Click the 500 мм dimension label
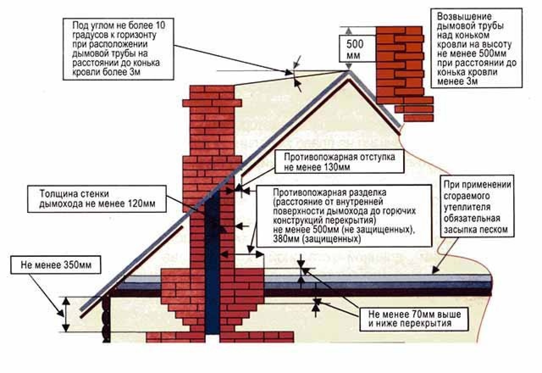coord(355,50)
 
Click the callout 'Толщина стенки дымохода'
coord(97,198)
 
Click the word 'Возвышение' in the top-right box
coord(459,17)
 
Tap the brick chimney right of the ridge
coord(401,64)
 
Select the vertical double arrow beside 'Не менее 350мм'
coord(66,314)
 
